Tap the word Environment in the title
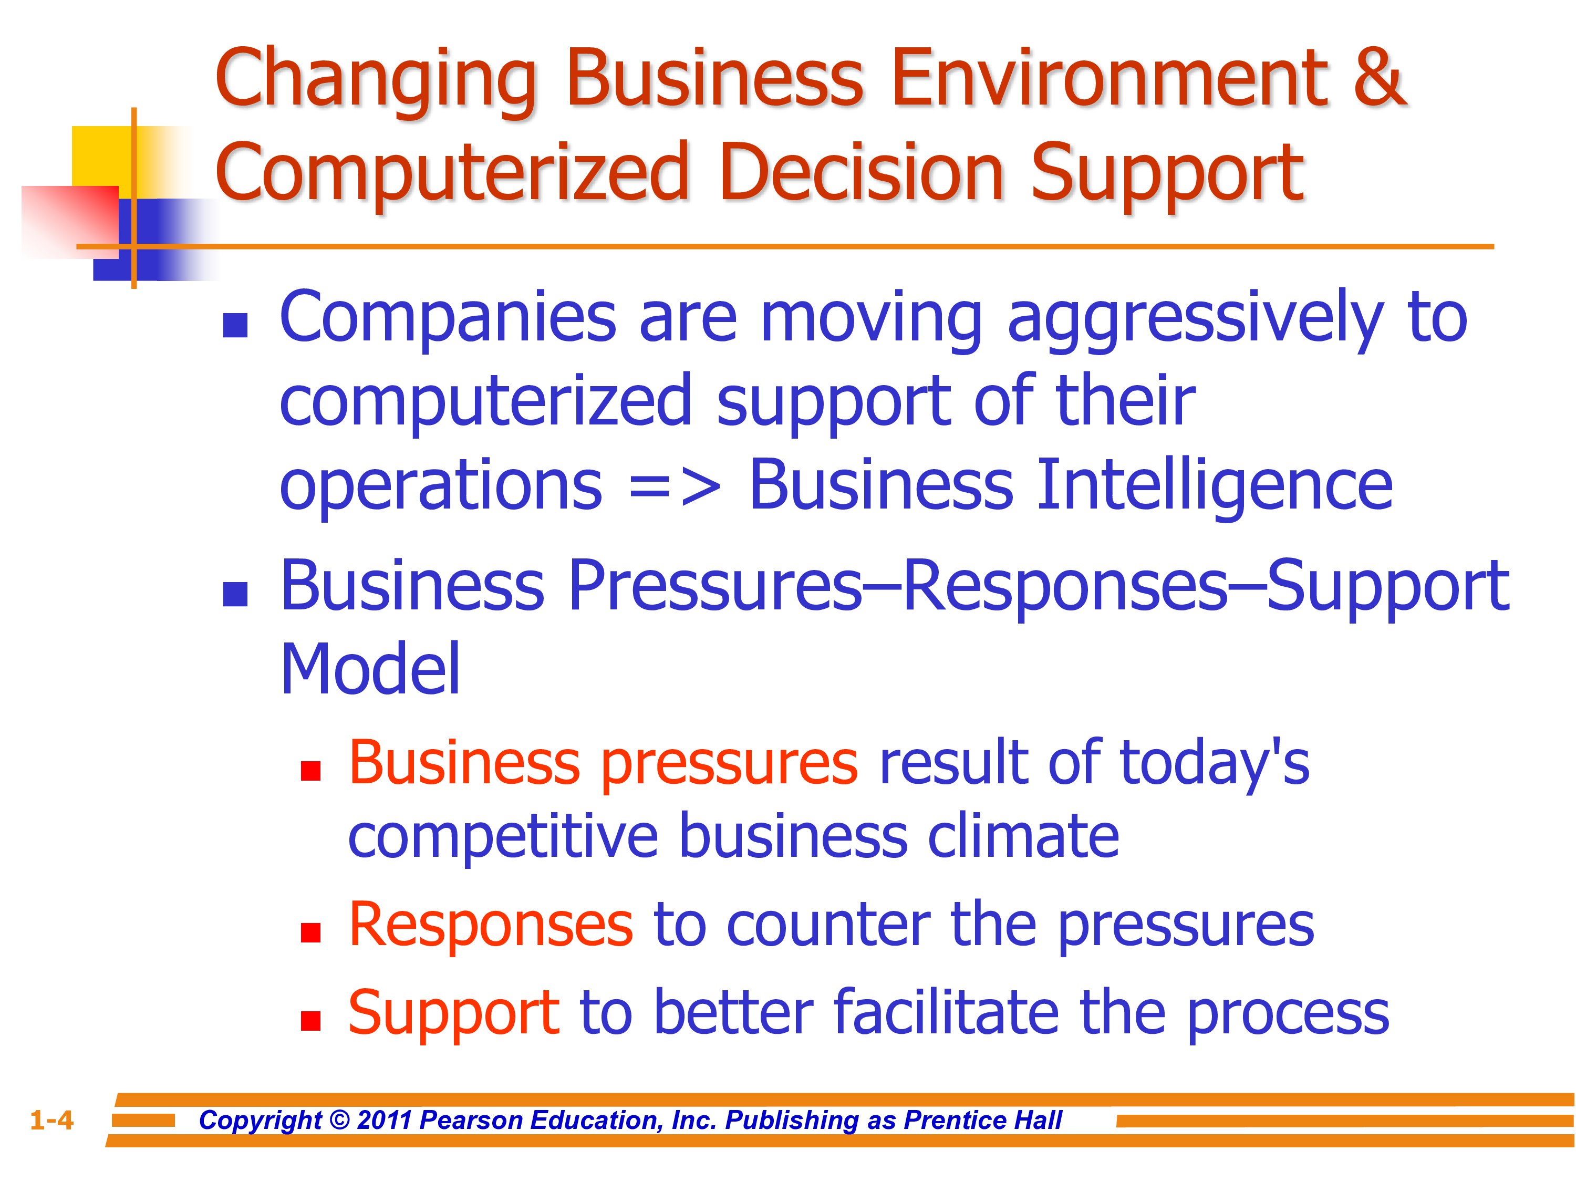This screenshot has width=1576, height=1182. [1110, 77]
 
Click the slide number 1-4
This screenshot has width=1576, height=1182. [51, 1120]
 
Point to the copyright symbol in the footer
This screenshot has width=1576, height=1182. [340, 1120]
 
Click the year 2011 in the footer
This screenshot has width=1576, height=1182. [385, 1120]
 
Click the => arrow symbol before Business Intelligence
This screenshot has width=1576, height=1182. [675, 486]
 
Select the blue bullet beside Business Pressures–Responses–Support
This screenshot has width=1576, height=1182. [235, 594]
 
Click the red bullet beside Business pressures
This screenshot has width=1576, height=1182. [310, 771]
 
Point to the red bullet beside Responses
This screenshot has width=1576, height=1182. [310, 932]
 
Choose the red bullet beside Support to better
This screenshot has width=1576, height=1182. [310, 1021]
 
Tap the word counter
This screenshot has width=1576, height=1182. [828, 926]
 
